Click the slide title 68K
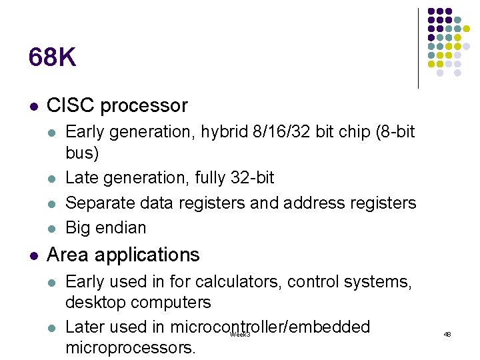52,59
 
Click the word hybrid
209,131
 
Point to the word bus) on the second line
82,153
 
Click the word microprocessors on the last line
130,347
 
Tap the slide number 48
447,334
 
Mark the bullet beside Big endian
53,228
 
